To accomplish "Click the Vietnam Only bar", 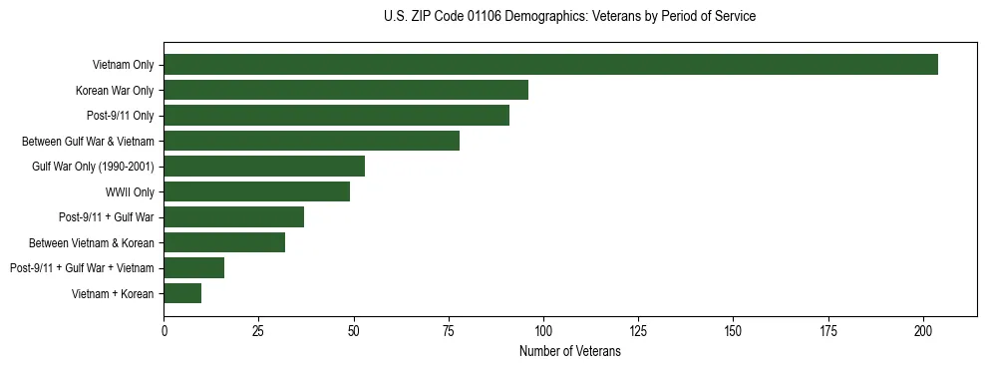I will (550, 65).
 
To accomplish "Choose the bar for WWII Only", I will (256, 191).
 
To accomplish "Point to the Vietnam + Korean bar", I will (182, 293).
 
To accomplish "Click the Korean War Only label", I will (115, 91).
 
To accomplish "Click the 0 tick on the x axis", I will (164, 329).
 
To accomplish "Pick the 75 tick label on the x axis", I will (449, 329).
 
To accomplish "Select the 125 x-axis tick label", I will (638, 329).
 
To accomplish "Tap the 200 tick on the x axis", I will (923, 329).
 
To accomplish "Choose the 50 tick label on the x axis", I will (354, 329).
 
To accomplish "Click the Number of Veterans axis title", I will (569, 351).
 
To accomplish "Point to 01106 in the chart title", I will (485, 17).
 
